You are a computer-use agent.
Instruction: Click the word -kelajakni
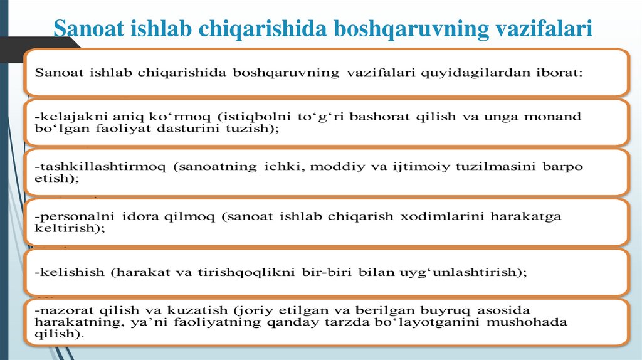[x=65, y=116]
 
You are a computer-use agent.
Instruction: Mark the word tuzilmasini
[x=492, y=167]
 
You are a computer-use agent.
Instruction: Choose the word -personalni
[x=73, y=216]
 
